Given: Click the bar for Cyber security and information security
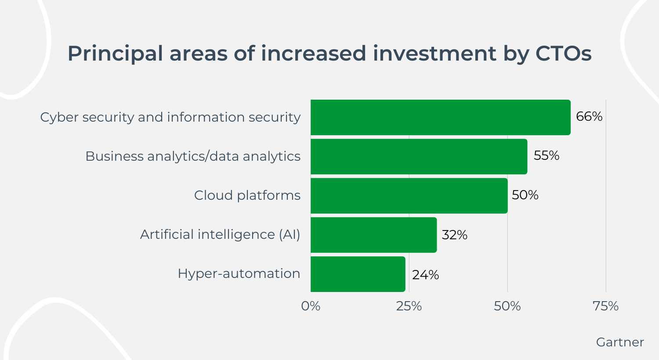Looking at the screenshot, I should click(x=440, y=117).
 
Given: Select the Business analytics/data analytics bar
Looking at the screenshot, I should click(x=419, y=156).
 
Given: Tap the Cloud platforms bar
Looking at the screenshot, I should click(x=409, y=195).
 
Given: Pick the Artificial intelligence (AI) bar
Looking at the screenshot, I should click(x=373, y=234).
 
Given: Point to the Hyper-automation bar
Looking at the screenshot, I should click(x=358, y=274).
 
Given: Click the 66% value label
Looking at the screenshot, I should click(x=589, y=116).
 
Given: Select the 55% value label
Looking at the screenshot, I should click(x=547, y=155).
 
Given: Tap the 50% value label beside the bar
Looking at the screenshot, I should click(x=525, y=195).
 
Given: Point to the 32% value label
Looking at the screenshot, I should click(x=454, y=235).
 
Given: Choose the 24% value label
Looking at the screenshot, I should click(x=425, y=275).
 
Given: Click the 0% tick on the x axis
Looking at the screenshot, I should click(x=311, y=306).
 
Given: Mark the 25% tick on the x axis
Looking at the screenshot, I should click(x=409, y=306).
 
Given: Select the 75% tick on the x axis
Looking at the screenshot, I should click(x=605, y=306).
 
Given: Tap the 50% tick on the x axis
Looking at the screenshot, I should click(x=507, y=306).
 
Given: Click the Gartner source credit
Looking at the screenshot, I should click(x=620, y=342).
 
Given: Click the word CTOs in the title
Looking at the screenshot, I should click(x=563, y=54).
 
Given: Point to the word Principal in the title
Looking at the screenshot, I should click(x=115, y=54).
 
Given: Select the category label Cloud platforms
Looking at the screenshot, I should click(x=247, y=195).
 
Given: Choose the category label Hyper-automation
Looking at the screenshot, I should click(x=239, y=274).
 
